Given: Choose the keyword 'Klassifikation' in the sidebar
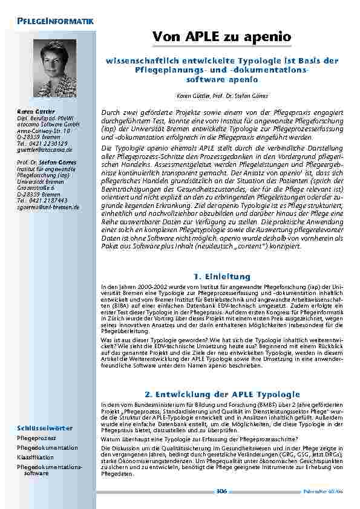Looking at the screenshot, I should click(x=36, y=458).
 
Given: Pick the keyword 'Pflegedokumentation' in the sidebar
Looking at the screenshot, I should click(x=47, y=448).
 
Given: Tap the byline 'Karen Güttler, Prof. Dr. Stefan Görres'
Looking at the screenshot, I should click(x=222, y=96).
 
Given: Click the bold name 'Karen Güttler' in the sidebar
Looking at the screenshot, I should click(x=36, y=111).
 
